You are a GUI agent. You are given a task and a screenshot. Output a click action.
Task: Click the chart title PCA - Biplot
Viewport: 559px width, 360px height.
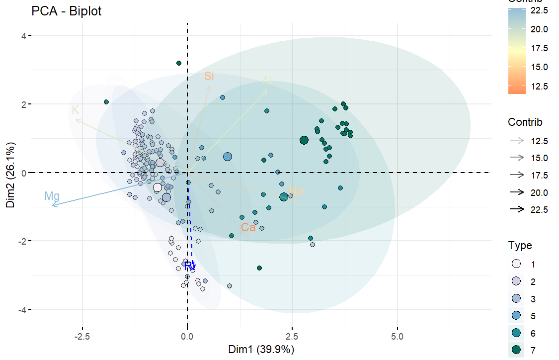66,11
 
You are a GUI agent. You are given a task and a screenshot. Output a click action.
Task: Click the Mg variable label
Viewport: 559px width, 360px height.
52,196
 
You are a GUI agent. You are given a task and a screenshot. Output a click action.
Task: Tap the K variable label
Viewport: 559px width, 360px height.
75,110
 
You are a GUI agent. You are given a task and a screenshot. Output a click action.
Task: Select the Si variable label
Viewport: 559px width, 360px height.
209,76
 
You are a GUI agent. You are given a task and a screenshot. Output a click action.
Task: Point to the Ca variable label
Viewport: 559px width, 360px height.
248,228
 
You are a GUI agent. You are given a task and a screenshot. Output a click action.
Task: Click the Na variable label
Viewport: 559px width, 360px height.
295,191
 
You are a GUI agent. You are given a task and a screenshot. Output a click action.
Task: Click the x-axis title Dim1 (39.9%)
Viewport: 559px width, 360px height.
261,350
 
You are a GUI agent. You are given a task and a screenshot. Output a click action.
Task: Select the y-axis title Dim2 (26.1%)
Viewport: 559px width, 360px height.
10,173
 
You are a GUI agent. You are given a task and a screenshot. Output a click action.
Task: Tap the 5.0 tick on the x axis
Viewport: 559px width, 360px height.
397,337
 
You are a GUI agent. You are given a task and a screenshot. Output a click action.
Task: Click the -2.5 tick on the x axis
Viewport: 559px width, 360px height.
81,337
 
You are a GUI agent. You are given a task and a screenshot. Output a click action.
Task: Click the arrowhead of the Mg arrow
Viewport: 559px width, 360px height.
53,205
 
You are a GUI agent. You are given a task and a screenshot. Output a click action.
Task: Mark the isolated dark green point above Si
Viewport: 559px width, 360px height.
179,63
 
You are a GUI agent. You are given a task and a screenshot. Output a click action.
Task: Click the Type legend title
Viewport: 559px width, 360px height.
520,246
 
